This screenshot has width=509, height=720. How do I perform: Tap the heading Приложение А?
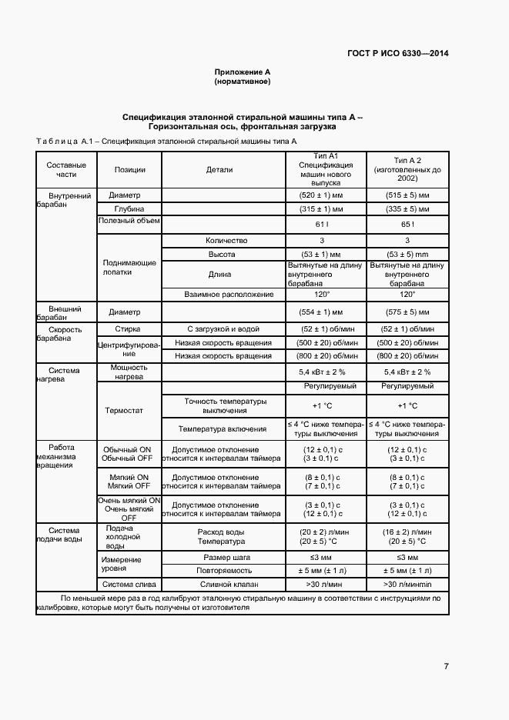click(242, 72)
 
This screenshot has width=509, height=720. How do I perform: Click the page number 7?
click(446, 665)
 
